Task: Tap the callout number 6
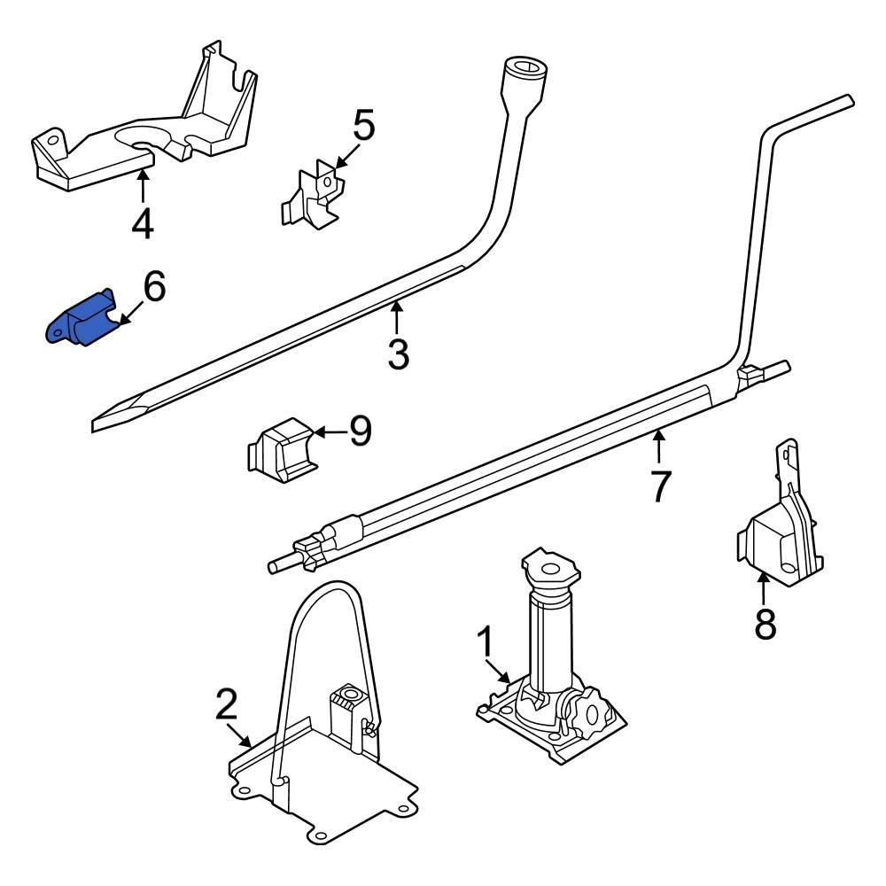(x=153, y=288)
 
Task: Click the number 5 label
(x=363, y=126)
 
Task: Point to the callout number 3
(x=399, y=354)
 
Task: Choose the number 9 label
(x=360, y=431)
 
